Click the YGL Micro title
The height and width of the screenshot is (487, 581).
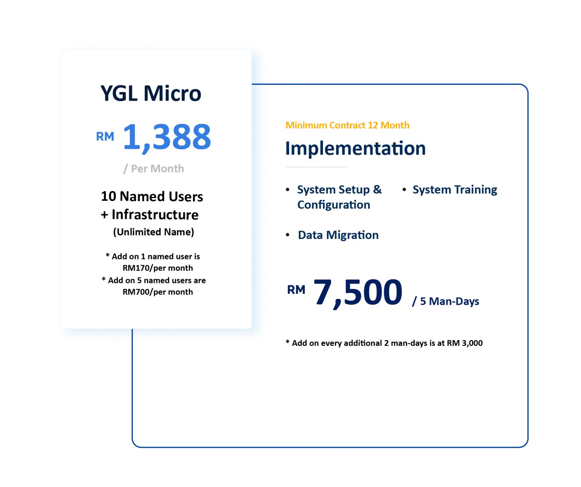tap(151, 93)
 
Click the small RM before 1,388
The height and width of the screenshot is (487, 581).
tap(105, 136)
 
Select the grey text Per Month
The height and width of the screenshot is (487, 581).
tap(157, 169)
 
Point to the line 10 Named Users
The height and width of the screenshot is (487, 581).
tap(152, 197)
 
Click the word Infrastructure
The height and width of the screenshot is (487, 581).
tap(155, 215)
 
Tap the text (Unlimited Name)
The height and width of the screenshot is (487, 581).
tap(153, 232)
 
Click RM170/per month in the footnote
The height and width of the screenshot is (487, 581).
tap(157, 268)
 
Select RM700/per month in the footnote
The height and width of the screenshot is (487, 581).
tap(157, 292)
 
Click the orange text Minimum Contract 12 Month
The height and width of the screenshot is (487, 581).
tap(347, 125)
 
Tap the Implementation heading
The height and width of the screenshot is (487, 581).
tap(355, 148)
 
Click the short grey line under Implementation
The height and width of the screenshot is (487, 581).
tap(316, 167)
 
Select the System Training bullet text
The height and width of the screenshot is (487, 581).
tap(455, 190)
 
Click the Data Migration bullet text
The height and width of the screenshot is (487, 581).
tap(338, 235)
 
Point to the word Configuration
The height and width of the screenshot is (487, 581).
tap(334, 205)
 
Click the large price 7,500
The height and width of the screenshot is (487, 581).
tap(357, 293)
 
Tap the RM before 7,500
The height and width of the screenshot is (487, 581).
tap(296, 290)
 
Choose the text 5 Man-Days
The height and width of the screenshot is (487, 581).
tap(449, 301)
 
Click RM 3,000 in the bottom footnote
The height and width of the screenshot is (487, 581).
tap(465, 343)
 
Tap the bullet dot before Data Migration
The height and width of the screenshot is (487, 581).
tap(288, 235)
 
